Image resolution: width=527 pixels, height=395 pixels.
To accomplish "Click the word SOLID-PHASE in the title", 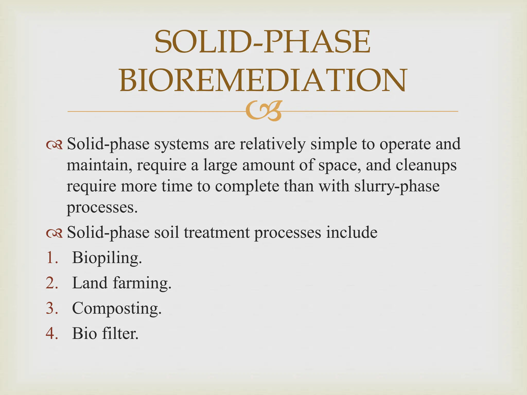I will [262, 42].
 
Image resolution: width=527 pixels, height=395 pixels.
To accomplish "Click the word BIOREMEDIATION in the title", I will [263, 80].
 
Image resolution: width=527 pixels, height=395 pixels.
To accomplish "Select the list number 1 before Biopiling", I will [52, 257].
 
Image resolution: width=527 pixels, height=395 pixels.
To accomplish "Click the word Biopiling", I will [107, 258].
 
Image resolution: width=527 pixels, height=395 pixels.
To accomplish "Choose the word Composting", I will [117, 308].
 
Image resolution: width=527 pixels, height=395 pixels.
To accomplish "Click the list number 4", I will [52, 334].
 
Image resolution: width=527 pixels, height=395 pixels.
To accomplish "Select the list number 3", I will [52, 308].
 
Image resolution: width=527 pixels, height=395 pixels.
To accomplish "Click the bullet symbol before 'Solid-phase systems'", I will [54, 145].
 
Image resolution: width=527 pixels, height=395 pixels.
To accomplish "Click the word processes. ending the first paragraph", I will [102, 208].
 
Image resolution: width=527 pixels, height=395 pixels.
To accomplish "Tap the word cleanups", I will [426, 165].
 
